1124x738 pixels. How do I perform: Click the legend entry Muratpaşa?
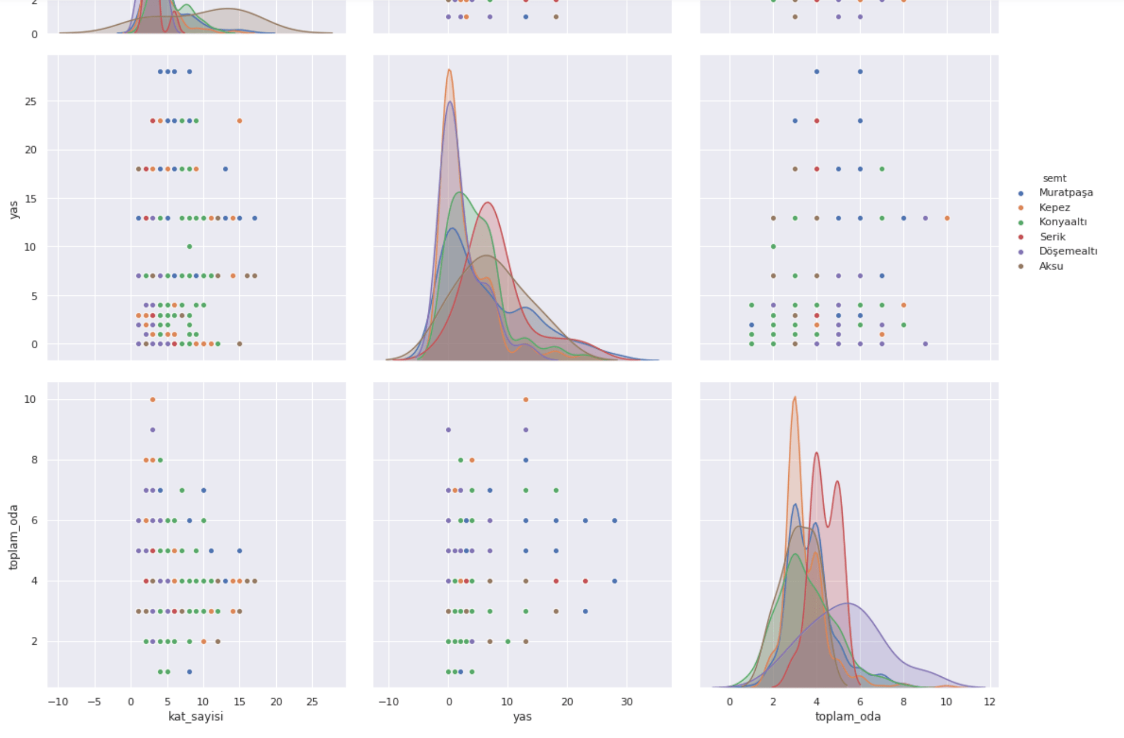(x=1065, y=193)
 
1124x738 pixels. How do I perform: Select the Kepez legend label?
(x=1054, y=208)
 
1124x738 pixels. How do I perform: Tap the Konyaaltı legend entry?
(x=1062, y=222)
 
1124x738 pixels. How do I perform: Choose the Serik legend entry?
(x=1052, y=237)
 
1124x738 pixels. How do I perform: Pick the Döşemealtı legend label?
(x=1067, y=252)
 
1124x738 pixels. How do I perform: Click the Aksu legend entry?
(x=1050, y=266)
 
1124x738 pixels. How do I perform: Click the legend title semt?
(x=1054, y=179)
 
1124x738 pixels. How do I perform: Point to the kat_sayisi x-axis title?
(x=196, y=717)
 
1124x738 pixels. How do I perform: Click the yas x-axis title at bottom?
(x=522, y=717)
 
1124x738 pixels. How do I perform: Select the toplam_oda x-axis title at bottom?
(x=848, y=717)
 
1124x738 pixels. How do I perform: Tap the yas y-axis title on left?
(x=14, y=209)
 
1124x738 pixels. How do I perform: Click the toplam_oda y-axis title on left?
(x=14, y=537)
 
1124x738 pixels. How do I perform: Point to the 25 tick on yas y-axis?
(x=31, y=102)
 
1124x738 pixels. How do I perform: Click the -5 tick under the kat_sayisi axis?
(x=94, y=702)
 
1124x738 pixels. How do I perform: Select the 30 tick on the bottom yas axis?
(x=627, y=702)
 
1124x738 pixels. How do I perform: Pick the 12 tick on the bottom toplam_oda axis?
(x=989, y=702)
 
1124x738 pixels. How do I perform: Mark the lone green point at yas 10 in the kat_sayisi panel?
(x=189, y=247)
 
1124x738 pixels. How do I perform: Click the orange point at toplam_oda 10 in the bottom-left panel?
(x=153, y=400)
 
